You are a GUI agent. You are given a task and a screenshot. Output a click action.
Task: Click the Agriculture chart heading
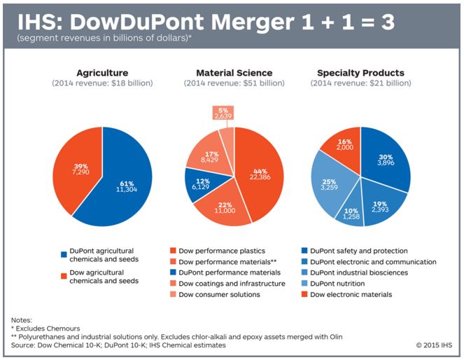(x=102, y=72)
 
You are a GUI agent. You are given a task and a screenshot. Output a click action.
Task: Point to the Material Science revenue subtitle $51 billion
(x=234, y=83)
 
